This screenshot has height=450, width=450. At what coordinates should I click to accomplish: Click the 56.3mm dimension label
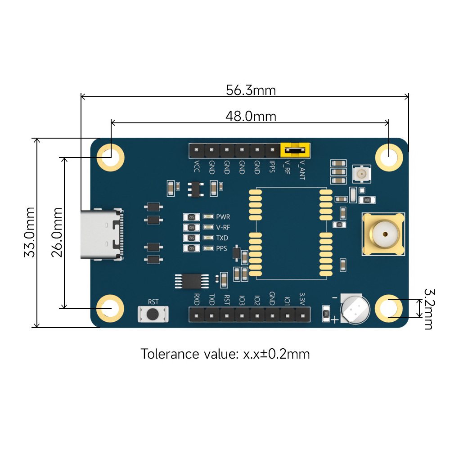coord(251,90)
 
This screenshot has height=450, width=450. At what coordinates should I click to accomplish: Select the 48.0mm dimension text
coord(251,117)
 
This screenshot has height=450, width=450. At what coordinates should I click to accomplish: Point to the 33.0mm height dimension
coord(30,232)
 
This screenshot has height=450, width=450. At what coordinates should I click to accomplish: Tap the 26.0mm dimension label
coord(57,232)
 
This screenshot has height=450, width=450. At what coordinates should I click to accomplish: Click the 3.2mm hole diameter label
coord(427,309)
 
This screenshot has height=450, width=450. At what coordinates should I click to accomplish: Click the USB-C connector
coord(102,234)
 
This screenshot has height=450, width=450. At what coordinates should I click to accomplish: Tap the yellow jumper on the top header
coord(295,149)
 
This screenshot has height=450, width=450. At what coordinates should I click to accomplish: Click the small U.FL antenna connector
coord(361,174)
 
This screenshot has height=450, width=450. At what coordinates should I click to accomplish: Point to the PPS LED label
coord(222,248)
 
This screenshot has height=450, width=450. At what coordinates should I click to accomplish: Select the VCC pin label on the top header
coord(197,167)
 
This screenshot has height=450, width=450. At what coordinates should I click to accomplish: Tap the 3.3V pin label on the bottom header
coord(302,299)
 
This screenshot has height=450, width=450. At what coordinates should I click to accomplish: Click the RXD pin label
coord(197,299)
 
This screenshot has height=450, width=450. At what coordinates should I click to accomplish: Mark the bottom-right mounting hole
coord(389,308)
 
